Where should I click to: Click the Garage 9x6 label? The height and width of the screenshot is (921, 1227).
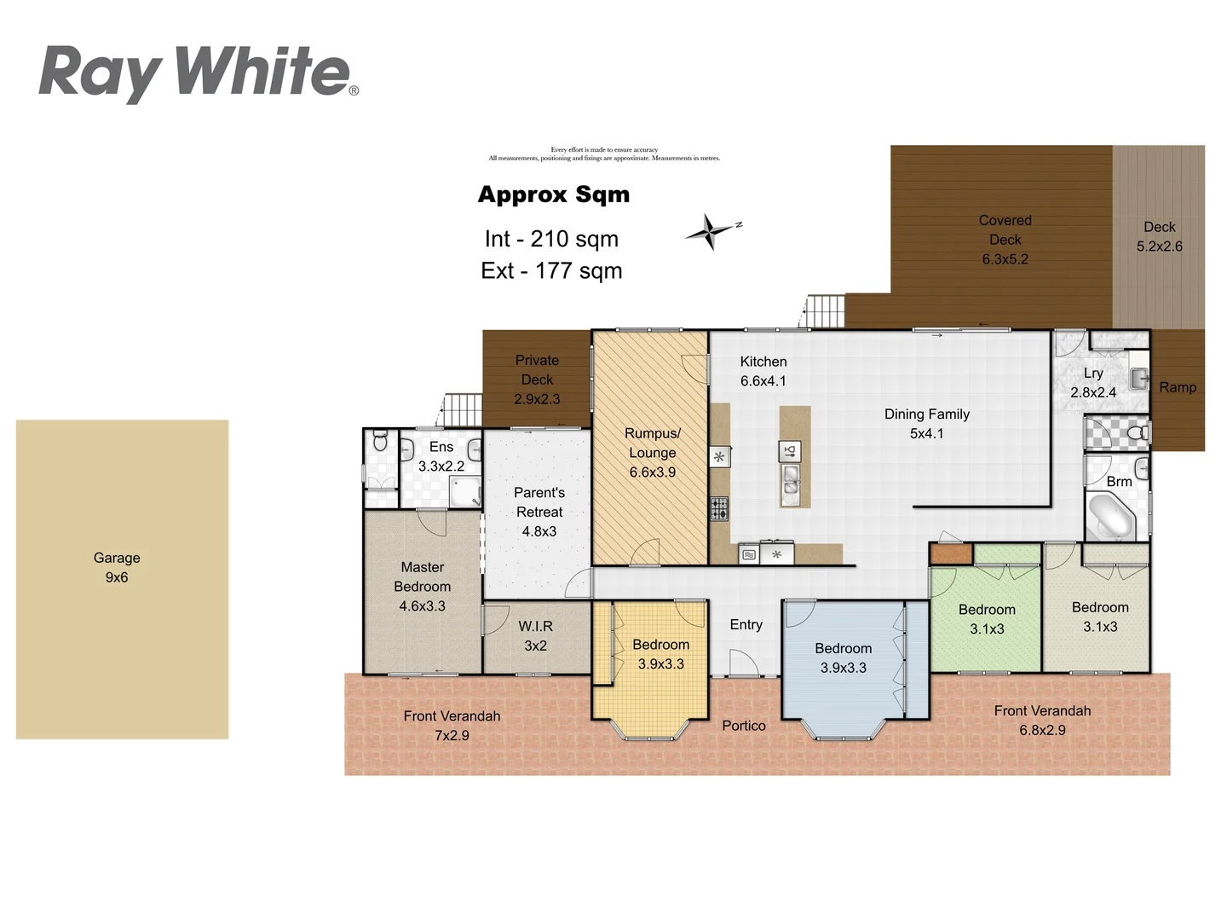(x=117, y=568)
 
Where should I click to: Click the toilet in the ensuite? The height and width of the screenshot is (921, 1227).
(x=380, y=441)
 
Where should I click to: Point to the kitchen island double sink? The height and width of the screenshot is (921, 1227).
(x=791, y=481)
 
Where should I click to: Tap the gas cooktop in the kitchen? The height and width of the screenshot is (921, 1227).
(x=719, y=509)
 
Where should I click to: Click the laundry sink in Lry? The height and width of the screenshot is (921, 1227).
(x=1138, y=378)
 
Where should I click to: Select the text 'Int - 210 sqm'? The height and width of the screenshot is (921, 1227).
(x=551, y=239)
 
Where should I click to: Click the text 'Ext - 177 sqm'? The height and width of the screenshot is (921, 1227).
(x=551, y=271)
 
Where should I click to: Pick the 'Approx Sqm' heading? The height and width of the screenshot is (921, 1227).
(x=554, y=194)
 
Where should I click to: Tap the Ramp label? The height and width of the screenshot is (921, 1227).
(x=1178, y=387)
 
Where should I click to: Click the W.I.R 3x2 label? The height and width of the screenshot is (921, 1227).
(x=535, y=636)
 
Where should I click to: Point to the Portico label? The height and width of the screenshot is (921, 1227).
(x=744, y=726)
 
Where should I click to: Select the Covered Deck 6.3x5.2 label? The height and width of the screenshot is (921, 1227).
(x=1005, y=240)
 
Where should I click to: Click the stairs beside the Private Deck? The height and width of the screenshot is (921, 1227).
(x=463, y=410)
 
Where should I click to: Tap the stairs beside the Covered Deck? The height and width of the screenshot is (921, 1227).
(x=825, y=310)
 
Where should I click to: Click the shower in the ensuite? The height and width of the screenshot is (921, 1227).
(x=464, y=492)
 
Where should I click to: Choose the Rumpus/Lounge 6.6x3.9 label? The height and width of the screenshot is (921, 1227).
(x=652, y=453)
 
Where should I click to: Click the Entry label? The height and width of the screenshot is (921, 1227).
(x=746, y=625)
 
